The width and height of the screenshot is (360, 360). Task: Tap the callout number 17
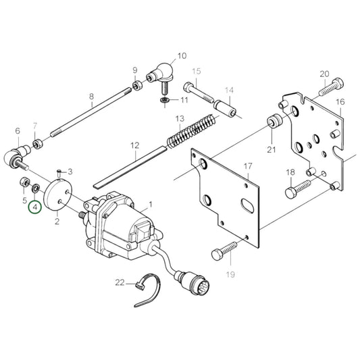click(x=248, y=166)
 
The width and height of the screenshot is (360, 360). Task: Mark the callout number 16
click(x=340, y=102)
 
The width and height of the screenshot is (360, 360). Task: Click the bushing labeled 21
click(x=274, y=124)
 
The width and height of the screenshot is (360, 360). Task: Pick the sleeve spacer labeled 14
click(x=224, y=107)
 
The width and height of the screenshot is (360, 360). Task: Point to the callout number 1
click(x=150, y=203)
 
